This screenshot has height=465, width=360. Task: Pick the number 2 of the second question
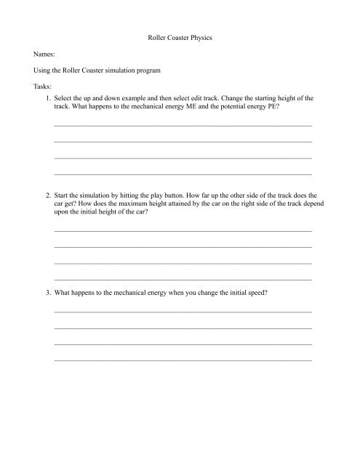click(47, 196)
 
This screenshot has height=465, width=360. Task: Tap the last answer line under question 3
click(183, 360)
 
